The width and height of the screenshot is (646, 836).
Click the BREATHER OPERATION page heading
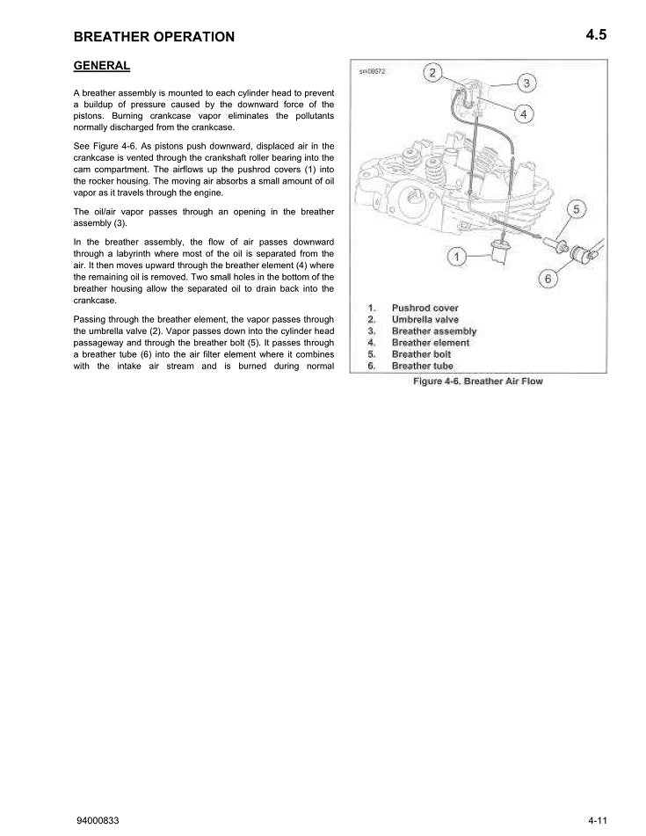(154, 37)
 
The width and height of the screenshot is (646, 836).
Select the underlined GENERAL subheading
(102, 66)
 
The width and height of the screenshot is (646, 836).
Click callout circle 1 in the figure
(457, 257)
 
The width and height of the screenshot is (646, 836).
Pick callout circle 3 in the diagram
(526, 84)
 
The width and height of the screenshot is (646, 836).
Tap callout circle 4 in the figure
(522, 113)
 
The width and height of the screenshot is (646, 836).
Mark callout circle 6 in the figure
(548, 279)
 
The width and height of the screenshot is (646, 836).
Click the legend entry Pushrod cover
(425, 308)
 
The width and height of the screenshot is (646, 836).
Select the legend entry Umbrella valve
(425, 319)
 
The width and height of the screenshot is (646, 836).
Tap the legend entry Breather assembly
(433, 331)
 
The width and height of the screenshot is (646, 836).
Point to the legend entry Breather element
(431, 343)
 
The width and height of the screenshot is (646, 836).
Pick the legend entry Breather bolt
(421, 354)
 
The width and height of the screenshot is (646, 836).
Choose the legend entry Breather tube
(422, 366)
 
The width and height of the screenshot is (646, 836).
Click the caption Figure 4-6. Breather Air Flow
(478, 382)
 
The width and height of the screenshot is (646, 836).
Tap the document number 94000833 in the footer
(98, 820)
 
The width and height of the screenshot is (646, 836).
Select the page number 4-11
(599, 820)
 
